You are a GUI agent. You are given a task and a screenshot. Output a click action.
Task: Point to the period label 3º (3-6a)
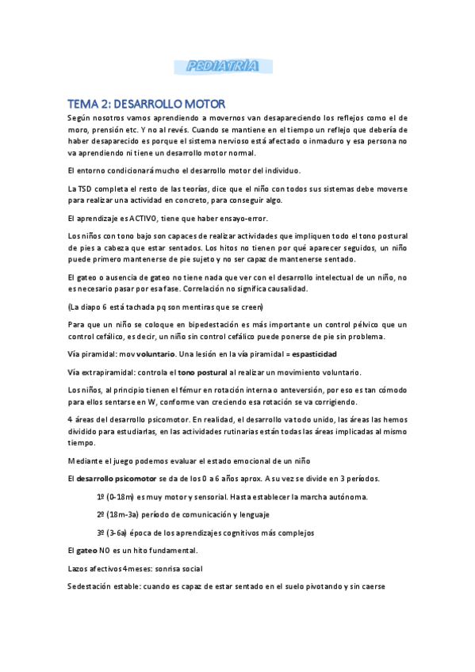point(116,533)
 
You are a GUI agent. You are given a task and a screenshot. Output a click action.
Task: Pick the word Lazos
point(80,569)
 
